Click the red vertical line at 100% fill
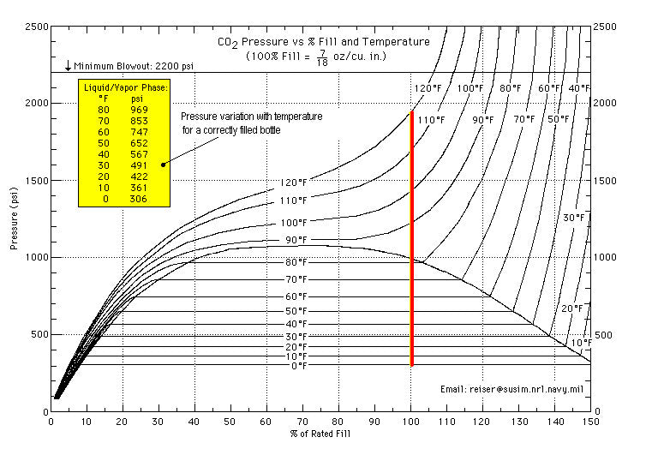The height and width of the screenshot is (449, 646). [x=412, y=240]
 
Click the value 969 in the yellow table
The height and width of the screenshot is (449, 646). [x=140, y=110]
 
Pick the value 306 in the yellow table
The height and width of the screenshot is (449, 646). [x=140, y=199]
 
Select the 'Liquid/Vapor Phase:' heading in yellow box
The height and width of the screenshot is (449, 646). [x=125, y=87]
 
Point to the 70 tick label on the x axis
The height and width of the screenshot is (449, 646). [x=302, y=422]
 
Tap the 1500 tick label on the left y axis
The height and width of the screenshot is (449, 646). [x=33, y=181]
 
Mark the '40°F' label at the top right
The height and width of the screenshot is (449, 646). [x=580, y=89]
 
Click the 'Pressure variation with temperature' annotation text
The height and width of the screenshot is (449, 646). [x=252, y=117]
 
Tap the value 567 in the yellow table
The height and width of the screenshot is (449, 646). [x=140, y=154]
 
